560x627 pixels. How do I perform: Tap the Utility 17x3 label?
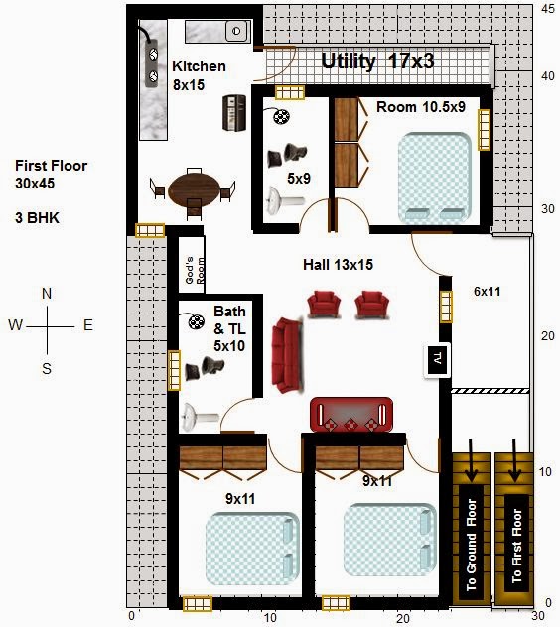(x=377, y=62)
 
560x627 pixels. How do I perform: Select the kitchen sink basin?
(x=236, y=31)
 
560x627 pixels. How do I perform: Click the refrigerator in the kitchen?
(x=234, y=113)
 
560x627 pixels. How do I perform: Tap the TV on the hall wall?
(x=437, y=359)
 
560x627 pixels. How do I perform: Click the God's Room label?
(x=195, y=270)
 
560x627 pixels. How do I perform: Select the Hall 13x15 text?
(x=338, y=264)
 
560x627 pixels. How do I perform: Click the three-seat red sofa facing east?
(x=287, y=355)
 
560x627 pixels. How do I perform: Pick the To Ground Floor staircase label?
(x=472, y=545)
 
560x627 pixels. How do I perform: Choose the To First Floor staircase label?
(x=516, y=546)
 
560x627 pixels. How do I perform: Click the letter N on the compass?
(x=47, y=294)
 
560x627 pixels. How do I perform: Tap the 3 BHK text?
(x=37, y=218)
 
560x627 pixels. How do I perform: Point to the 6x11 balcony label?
(x=488, y=291)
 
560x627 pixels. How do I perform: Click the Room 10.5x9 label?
(x=421, y=107)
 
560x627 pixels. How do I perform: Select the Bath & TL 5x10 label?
(x=229, y=328)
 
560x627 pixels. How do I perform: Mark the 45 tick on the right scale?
(x=547, y=8)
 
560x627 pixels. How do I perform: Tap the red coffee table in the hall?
(x=351, y=415)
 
